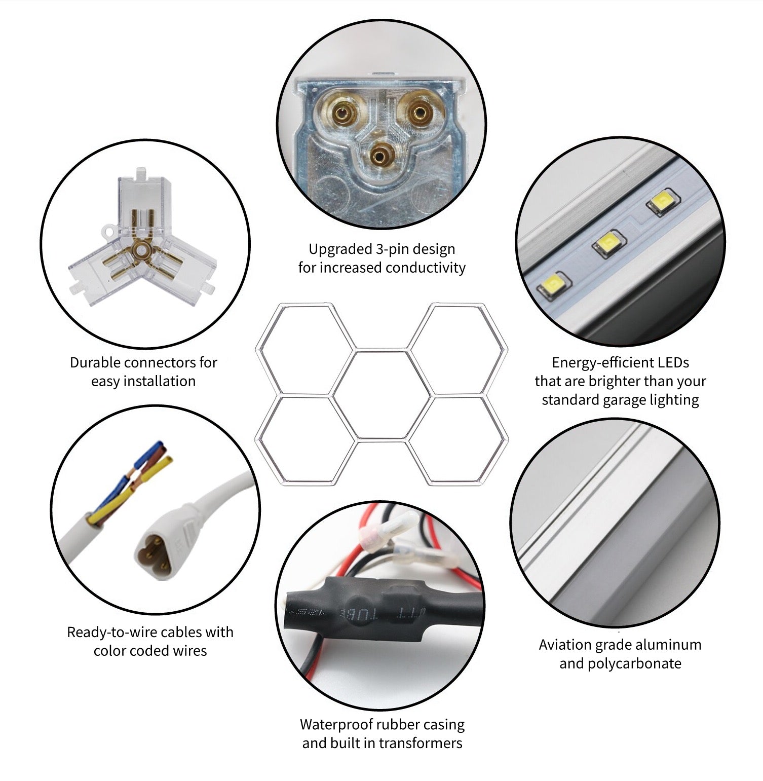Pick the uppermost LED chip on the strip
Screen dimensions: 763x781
[x=661, y=203]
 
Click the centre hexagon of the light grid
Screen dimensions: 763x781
[x=382, y=394]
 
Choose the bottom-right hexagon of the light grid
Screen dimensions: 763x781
[x=457, y=440]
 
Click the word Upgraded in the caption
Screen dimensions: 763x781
[x=340, y=249]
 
